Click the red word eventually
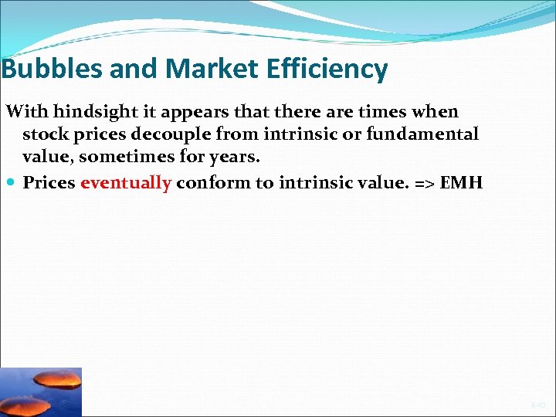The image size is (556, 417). tap(125, 183)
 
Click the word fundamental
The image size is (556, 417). tap(424, 134)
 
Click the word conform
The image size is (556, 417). tap(207, 183)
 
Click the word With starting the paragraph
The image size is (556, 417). tap(27, 111)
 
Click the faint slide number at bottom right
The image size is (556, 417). tap(537, 405)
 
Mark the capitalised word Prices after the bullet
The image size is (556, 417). tap(49, 183)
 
